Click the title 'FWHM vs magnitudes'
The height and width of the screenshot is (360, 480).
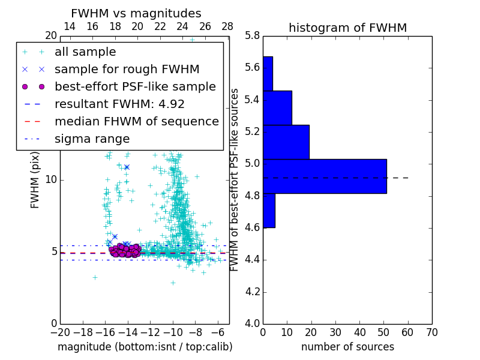point(136,14)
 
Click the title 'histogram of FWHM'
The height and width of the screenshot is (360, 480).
point(347,28)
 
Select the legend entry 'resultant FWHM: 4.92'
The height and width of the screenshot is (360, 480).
point(119,104)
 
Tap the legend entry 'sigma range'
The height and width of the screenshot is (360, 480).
point(92,139)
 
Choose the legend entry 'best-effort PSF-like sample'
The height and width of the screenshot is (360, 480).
point(135,86)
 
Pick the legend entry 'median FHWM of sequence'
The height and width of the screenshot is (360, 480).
point(136,121)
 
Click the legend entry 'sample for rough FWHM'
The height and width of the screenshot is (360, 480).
point(127,69)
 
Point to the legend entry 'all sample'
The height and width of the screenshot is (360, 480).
point(85,52)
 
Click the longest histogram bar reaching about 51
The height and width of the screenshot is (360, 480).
point(325,176)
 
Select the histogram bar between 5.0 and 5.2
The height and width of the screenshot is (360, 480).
point(286,142)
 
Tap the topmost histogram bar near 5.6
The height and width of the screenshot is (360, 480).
point(268,74)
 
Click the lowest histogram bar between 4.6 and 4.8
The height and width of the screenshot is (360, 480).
point(269,211)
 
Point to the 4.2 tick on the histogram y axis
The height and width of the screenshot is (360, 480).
point(252,292)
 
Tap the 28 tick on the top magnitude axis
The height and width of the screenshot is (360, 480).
point(227,26)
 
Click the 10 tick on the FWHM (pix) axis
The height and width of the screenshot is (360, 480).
point(51,180)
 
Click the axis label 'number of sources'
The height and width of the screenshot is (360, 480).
point(347,347)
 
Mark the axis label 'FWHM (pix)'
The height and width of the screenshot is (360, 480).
point(35,179)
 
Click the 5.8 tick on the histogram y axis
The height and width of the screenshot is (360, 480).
point(252,36)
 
